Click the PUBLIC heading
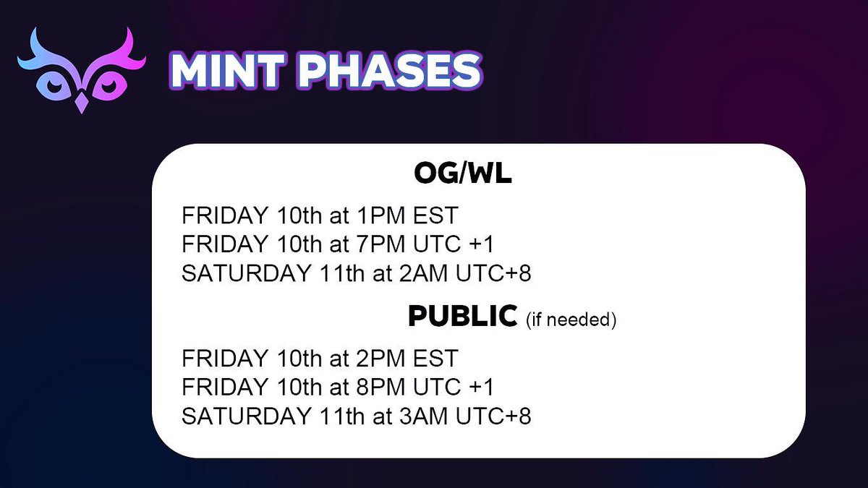[462, 316]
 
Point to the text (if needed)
[571, 319]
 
